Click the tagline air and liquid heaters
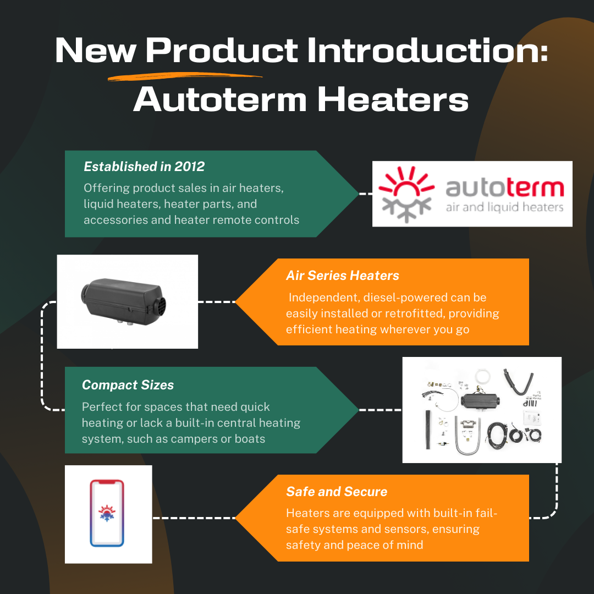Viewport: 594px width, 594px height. (x=504, y=207)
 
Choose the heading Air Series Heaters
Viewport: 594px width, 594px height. (x=342, y=276)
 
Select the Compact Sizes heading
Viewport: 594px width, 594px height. (x=128, y=385)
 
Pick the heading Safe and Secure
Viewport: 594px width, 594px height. (x=337, y=491)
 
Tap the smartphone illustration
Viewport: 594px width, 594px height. (x=107, y=514)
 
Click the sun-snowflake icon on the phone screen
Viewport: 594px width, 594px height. (x=107, y=512)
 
